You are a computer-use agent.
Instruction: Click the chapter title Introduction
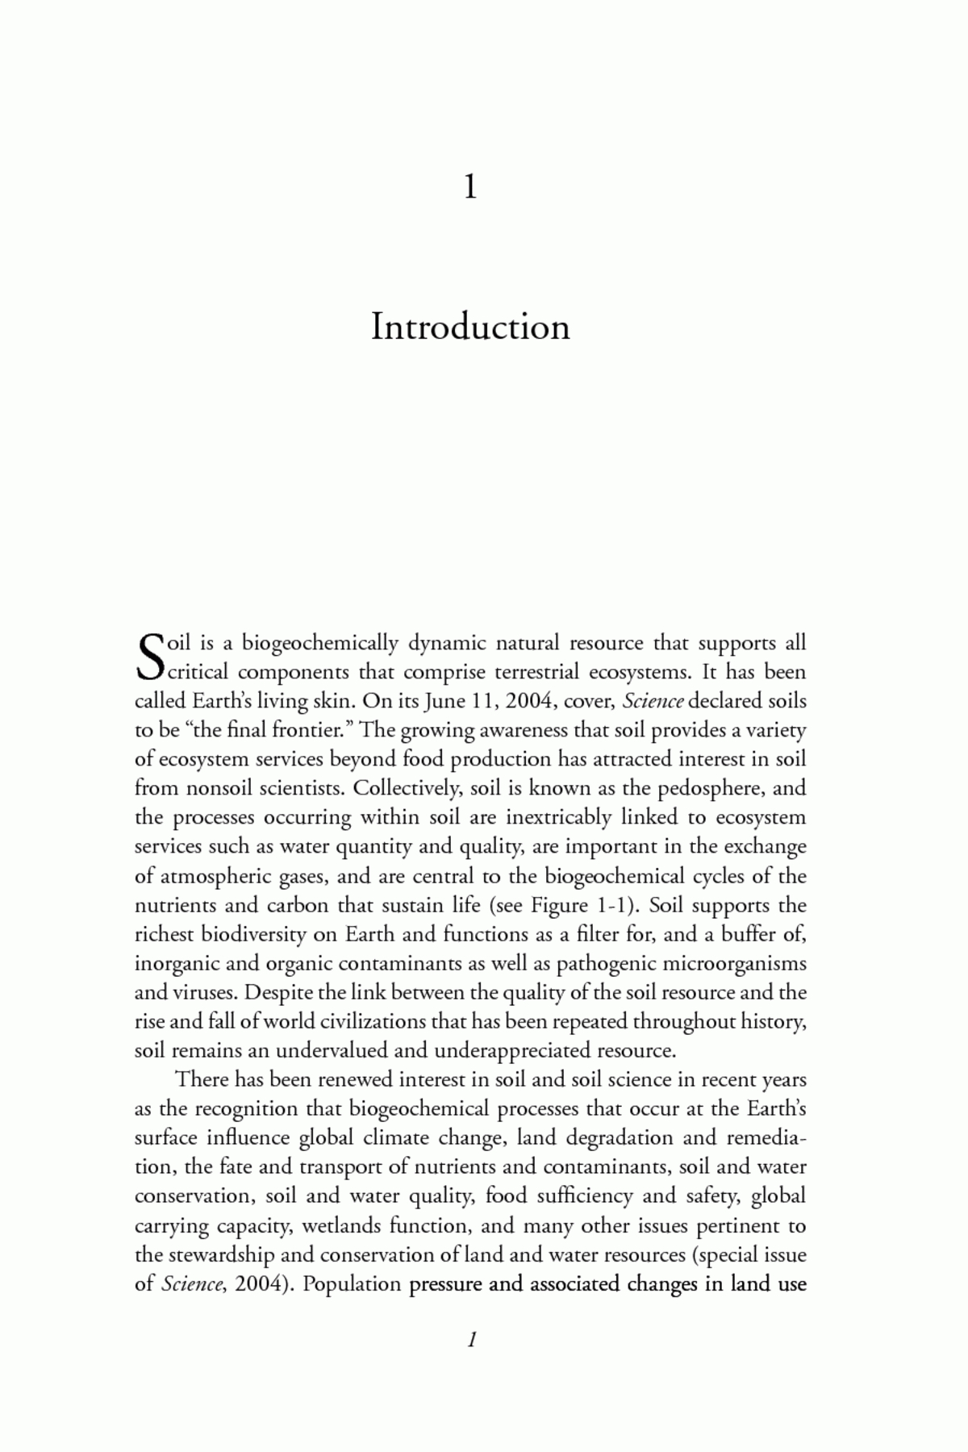pos(470,327)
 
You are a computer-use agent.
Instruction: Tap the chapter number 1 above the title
pos(470,187)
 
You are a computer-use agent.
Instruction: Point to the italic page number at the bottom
pos(473,1340)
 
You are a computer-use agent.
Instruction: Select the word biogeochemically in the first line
pos(321,643)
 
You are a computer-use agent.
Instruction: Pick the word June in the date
pos(445,700)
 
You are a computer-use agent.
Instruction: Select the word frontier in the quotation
pos(310,730)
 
